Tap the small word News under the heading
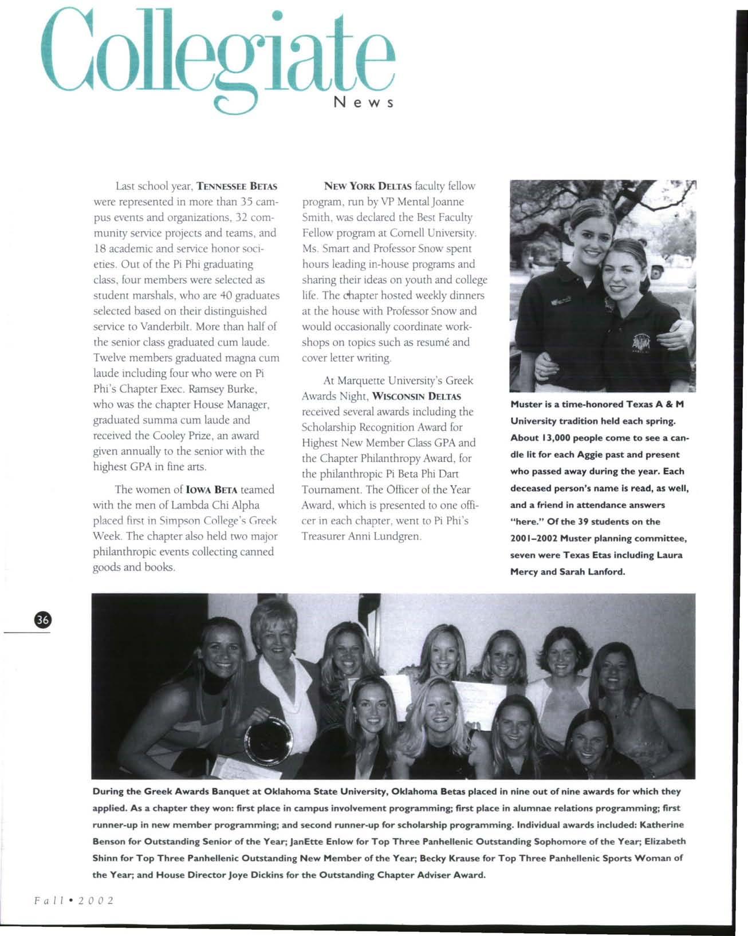pyautogui.click(x=363, y=104)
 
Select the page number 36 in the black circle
pyautogui.click(x=43, y=619)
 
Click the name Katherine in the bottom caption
pyautogui.click(x=662, y=825)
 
